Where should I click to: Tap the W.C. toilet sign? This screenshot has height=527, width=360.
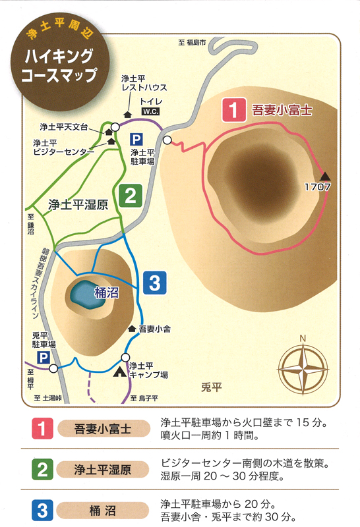click(150, 111)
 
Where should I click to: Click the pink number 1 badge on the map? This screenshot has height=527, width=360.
click(234, 109)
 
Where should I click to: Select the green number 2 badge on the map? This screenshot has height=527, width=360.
click(131, 196)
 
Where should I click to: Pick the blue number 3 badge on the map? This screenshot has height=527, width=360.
click(155, 283)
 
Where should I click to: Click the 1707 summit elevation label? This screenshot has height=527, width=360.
click(317, 187)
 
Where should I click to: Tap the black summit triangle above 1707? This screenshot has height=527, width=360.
click(325, 176)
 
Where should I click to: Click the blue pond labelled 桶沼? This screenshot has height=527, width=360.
click(87, 294)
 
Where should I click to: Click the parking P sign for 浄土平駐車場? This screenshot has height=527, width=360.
click(136, 140)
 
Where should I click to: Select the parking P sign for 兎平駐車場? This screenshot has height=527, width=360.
click(44, 358)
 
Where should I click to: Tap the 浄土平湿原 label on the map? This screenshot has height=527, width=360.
click(78, 205)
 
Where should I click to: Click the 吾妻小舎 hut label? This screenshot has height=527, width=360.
click(154, 329)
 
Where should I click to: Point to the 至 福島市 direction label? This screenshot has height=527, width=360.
click(192, 43)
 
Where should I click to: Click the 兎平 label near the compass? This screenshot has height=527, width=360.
click(211, 387)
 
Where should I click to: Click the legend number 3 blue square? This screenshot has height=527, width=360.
click(42, 510)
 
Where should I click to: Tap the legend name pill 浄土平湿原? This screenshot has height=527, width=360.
click(103, 470)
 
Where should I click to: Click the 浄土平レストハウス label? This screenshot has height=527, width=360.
click(144, 83)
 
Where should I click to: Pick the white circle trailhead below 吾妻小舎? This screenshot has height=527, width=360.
click(125, 357)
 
